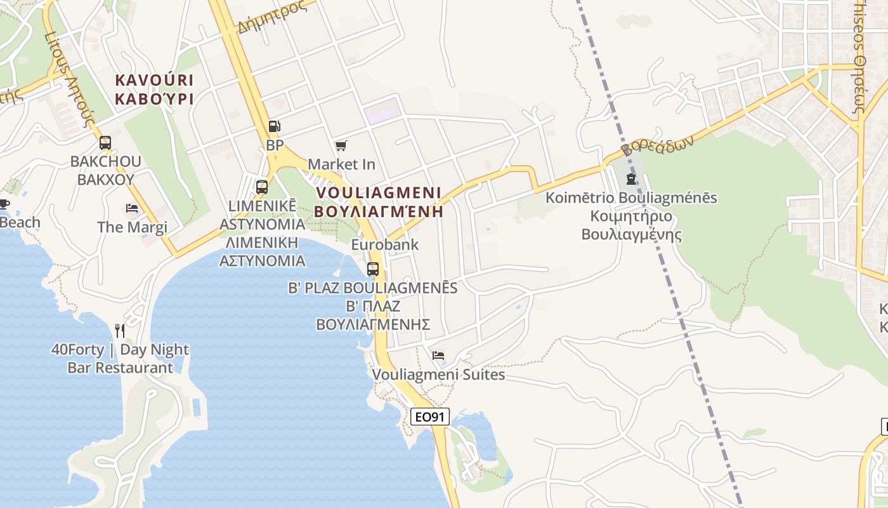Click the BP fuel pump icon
[274, 126]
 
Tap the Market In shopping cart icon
[341, 146]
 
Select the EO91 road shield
[430, 417]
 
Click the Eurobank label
[385, 244]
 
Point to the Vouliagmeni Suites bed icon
[438, 356]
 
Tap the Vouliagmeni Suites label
[438, 375]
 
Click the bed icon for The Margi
[132, 208]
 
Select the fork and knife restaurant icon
[120, 330]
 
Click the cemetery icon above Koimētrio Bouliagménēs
[630, 179]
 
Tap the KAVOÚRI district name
[154, 81]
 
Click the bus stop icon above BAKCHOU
[105, 143]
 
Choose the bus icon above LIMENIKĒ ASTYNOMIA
[261, 187]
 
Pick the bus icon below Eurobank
[373, 269]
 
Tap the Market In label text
[341, 164]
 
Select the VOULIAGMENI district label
[379, 192]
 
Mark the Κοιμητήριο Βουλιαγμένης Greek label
[631, 225]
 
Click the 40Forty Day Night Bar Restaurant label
[120, 358]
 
